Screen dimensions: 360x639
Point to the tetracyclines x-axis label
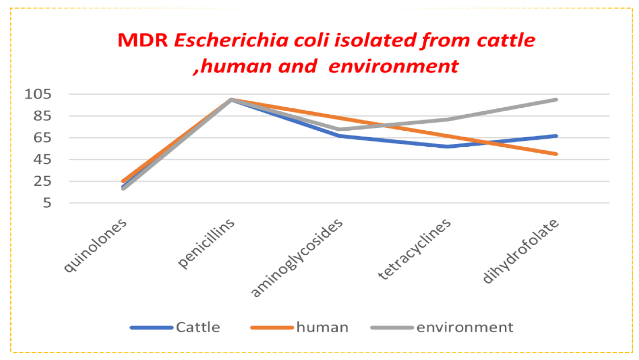[414, 249]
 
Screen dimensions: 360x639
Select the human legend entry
[322, 327]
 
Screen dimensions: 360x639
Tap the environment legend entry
[465, 327]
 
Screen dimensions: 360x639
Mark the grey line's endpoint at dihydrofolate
[556, 100]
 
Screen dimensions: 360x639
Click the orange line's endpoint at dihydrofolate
[556, 154]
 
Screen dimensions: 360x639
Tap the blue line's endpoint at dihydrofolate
[556, 136]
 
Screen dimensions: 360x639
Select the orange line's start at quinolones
[123, 181]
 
